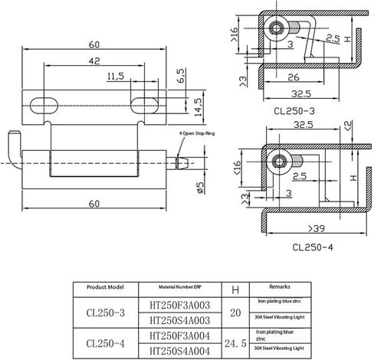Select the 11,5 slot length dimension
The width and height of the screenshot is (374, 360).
(x=116, y=77)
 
